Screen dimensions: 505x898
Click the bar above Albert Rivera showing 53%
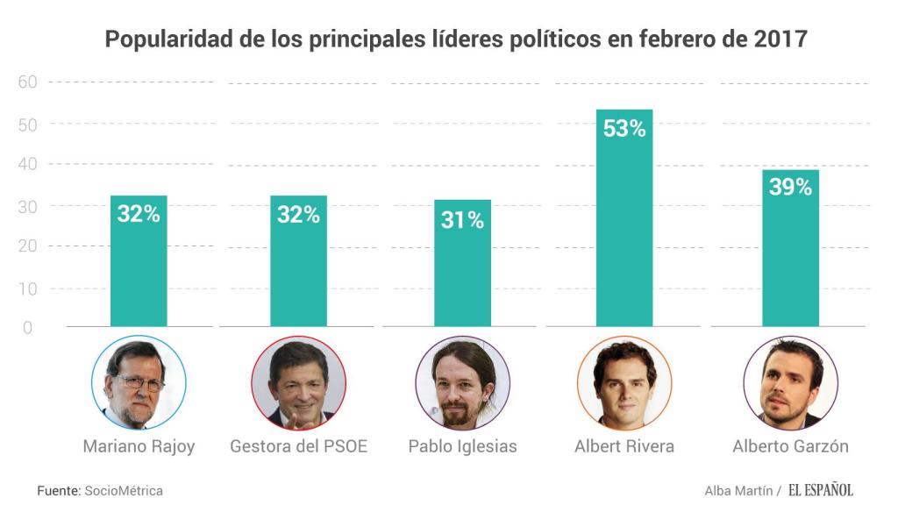coord(624,219)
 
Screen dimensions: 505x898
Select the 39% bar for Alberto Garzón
coord(790,249)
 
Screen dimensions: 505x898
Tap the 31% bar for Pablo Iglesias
coord(462,264)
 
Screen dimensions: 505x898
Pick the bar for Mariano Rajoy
coord(139,261)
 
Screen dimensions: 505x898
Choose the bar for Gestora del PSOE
coord(298,261)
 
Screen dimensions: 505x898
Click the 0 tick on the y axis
coord(27,328)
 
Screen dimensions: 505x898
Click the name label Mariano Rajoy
coord(139,446)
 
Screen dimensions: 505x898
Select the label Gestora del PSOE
coord(298,446)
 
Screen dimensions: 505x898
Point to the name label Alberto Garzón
coord(790,446)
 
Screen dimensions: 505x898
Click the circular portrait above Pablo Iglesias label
coord(462,383)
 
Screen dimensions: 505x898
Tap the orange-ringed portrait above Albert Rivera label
coord(624,383)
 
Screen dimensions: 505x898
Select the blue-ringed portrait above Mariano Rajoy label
coord(139,383)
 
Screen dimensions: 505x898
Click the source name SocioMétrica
coord(124,491)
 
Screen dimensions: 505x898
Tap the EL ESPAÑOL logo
coord(820,490)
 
